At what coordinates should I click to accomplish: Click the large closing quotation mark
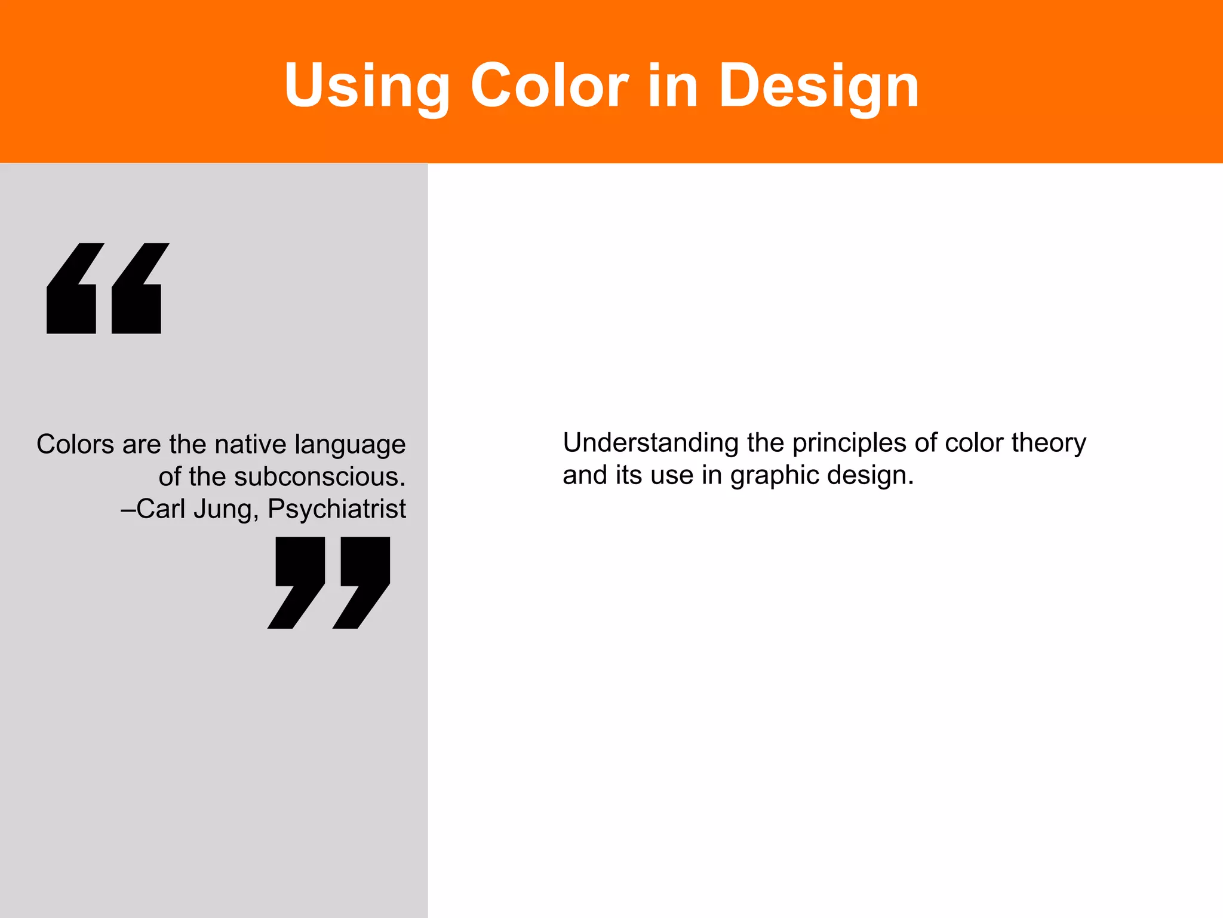(329, 582)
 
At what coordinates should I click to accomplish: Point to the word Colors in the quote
(75, 445)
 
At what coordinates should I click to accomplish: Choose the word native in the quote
(250, 445)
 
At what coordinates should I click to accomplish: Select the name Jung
(225, 509)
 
